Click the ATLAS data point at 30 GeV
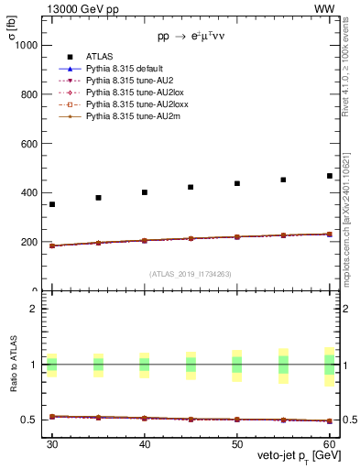pyautogui.click(x=52, y=204)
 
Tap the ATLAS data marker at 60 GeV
pyautogui.click(x=330, y=176)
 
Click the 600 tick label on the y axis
pyautogui.click(x=30, y=144)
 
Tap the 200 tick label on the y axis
pyautogui.click(x=30, y=243)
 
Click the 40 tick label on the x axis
pyautogui.click(x=145, y=444)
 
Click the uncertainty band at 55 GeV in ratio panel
pyautogui.click(x=283, y=365)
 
